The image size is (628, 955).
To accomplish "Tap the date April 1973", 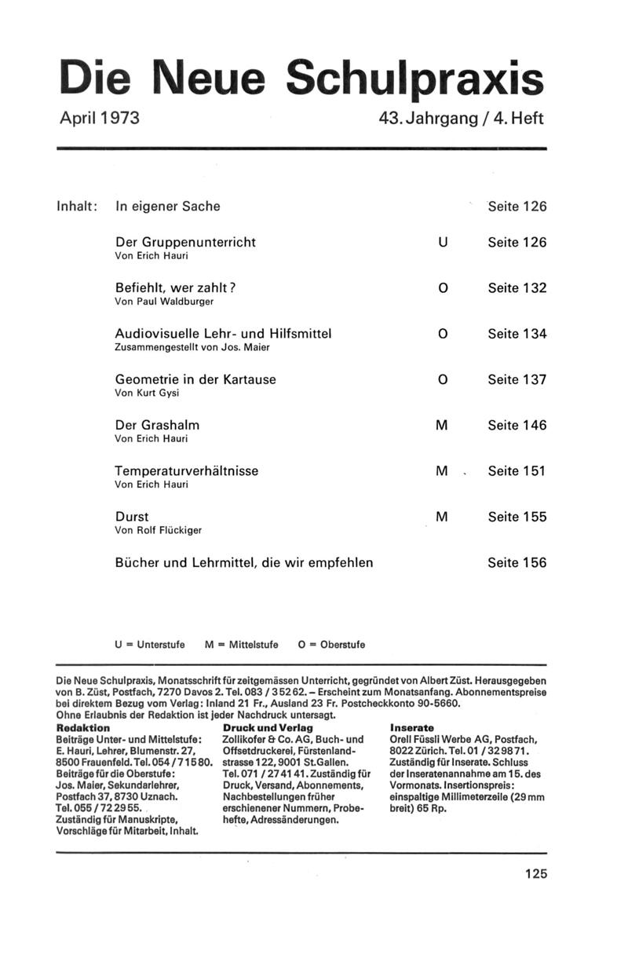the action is [100, 119].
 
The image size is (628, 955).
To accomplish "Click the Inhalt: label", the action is [77, 207].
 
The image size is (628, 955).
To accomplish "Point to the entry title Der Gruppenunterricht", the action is [185, 242].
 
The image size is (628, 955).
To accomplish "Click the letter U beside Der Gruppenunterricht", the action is [443, 243].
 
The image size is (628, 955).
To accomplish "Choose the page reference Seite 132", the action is [517, 288].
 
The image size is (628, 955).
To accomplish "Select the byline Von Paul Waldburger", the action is [164, 301].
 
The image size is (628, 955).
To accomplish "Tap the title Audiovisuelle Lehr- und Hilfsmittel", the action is [223, 334].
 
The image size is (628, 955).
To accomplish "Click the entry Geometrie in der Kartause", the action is [195, 379].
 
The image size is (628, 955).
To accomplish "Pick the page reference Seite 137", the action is [517, 379].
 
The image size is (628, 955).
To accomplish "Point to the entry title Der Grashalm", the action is [157, 425].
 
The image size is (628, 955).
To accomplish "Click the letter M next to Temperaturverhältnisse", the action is [441, 471].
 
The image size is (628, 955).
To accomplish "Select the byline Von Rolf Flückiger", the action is [158, 530].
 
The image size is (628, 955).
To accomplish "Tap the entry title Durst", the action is [132, 517].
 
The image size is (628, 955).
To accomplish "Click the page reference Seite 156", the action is [517, 562].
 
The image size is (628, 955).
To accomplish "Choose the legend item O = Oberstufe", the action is [331, 645].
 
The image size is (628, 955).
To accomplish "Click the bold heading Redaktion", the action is [83, 728].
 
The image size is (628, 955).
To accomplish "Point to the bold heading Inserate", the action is [412, 728].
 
